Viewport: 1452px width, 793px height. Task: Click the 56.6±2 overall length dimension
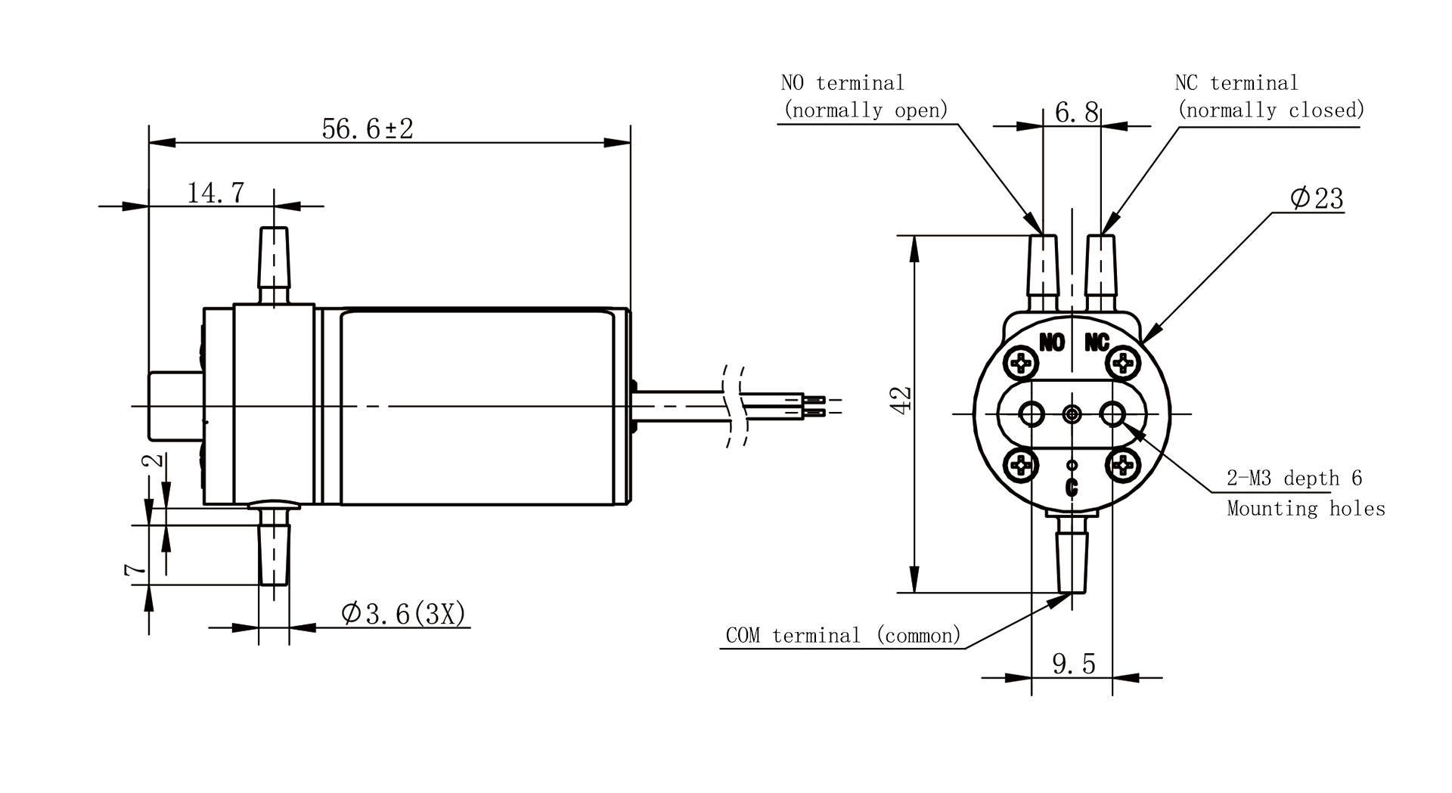368,129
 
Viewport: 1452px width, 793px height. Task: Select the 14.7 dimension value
216,193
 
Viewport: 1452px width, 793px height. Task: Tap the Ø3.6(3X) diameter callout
403,613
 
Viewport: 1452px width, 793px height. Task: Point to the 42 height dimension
901,399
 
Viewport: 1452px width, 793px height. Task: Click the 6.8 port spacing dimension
1076,113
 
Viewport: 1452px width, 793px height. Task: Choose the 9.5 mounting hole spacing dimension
1074,664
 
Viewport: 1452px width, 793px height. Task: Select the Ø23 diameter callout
1317,198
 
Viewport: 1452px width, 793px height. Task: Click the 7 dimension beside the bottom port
135,569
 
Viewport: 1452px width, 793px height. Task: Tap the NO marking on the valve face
1052,342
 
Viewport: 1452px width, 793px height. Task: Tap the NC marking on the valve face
1097,342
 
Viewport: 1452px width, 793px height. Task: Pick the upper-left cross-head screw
1023,364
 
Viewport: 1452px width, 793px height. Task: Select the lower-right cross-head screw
1122,464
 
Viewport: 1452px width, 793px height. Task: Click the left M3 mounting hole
1032,414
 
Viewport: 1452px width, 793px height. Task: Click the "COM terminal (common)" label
843,635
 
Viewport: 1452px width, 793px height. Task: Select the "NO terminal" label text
842,82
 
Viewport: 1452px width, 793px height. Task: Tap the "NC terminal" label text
1236,82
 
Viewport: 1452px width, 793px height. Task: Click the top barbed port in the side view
274,265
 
